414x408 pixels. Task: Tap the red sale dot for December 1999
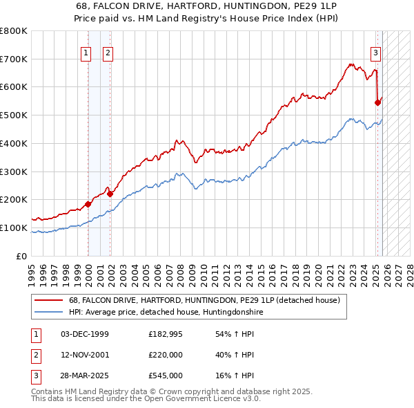[88, 204]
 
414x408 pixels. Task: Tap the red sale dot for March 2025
[377, 102]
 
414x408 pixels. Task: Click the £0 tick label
[23, 256]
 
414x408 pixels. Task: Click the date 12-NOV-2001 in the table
[85, 355]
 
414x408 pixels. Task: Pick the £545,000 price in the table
[166, 375]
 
